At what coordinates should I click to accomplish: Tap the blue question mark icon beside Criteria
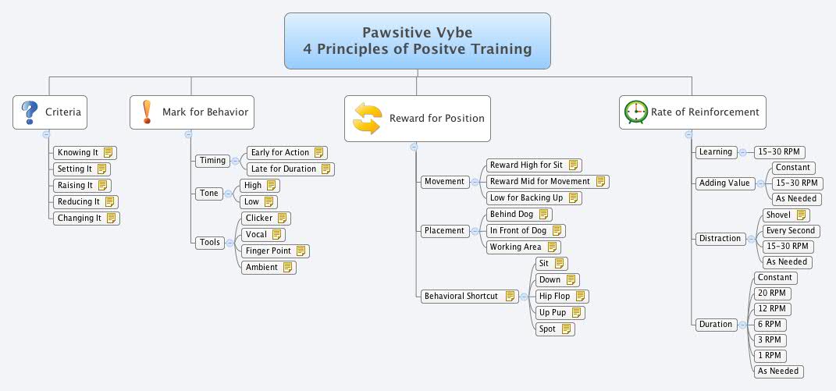coord(29,112)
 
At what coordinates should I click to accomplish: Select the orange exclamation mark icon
coord(146,112)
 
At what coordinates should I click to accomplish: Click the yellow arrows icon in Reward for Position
coord(367,119)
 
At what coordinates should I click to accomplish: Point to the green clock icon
coord(635,112)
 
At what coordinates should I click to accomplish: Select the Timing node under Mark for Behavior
coord(212,161)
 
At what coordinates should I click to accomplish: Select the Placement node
coord(444,231)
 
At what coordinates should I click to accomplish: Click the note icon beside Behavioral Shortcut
coord(510,297)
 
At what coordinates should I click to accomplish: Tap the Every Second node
coord(791,231)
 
